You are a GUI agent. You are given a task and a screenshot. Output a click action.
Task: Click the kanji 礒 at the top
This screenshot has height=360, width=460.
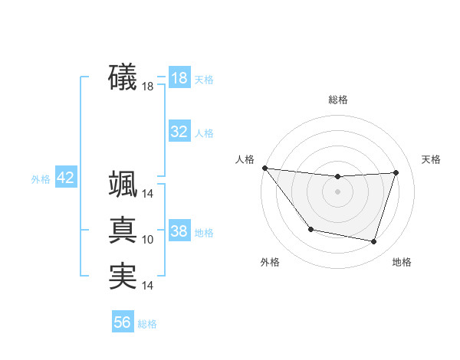tap(123, 77)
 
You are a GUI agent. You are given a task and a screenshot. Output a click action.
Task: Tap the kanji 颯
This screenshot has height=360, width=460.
tap(123, 185)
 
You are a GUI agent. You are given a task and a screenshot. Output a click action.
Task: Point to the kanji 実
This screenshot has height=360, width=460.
tap(123, 276)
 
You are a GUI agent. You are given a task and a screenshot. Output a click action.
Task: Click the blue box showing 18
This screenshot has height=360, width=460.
tap(179, 78)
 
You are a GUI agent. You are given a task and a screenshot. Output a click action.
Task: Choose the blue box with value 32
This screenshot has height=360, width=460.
tap(179, 132)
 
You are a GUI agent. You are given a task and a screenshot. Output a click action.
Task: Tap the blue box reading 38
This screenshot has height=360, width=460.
tap(179, 231)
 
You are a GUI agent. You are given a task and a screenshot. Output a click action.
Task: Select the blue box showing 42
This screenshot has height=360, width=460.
tap(65, 178)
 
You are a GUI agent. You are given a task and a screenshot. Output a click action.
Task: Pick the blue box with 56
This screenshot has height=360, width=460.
tap(123, 322)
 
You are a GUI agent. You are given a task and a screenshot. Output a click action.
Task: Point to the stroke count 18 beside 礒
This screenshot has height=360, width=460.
tap(148, 87)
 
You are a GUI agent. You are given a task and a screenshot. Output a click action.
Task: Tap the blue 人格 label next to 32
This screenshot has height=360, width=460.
tap(204, 133)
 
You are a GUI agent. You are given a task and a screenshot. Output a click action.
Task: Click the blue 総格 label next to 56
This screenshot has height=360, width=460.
tap(147, 324)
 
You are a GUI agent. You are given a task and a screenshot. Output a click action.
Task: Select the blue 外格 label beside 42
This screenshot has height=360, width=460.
tap(41, 179)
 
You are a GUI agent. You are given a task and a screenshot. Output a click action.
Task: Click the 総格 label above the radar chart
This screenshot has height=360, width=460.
tap(338, 100)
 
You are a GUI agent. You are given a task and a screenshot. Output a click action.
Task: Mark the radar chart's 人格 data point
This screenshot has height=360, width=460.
tap(264, 168)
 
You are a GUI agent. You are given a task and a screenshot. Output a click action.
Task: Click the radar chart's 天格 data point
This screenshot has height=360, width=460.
tap(396, 172)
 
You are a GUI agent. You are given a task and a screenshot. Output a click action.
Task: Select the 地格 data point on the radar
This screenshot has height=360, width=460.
tap(374, 242)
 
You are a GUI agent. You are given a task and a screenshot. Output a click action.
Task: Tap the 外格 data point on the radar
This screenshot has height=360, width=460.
tap(310, 229)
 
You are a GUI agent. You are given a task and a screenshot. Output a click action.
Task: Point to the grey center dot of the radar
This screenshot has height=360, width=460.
tap(338, 191)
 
